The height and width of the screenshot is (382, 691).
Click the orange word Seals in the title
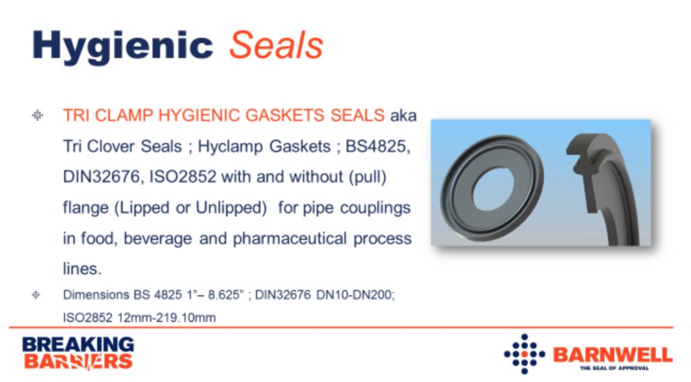pos(276,45)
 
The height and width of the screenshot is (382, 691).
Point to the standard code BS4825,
pos(378,146)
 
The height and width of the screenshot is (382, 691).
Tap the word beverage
pos(158,238)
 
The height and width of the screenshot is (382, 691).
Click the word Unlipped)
pos(231,208)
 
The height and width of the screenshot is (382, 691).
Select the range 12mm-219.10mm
pos(167,318)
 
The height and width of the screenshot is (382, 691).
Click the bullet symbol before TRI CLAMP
pos(38,116)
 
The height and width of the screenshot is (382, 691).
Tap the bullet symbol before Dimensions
pos(36,295)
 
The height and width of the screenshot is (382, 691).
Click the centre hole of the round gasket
pos(493,189)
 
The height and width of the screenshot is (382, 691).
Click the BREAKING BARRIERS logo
pos(78,353)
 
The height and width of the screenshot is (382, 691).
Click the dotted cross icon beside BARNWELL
pos(524,354)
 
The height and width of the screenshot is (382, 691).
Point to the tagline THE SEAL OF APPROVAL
pos(614,368)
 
